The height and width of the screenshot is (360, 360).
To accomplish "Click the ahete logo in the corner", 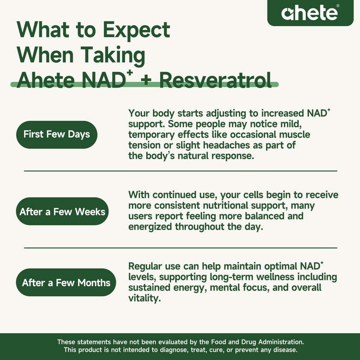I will click(309, 13).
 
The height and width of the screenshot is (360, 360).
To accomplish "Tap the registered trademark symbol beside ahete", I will click(338, 6).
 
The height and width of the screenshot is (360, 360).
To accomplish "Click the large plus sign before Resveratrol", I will click(147, 81).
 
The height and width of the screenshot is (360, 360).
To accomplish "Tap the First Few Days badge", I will click(57, 134).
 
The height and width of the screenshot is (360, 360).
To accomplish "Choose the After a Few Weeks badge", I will click(62, 212).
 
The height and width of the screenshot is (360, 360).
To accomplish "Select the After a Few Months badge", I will click(66, 283).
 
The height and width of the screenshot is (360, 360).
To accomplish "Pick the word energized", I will click(150, 227).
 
